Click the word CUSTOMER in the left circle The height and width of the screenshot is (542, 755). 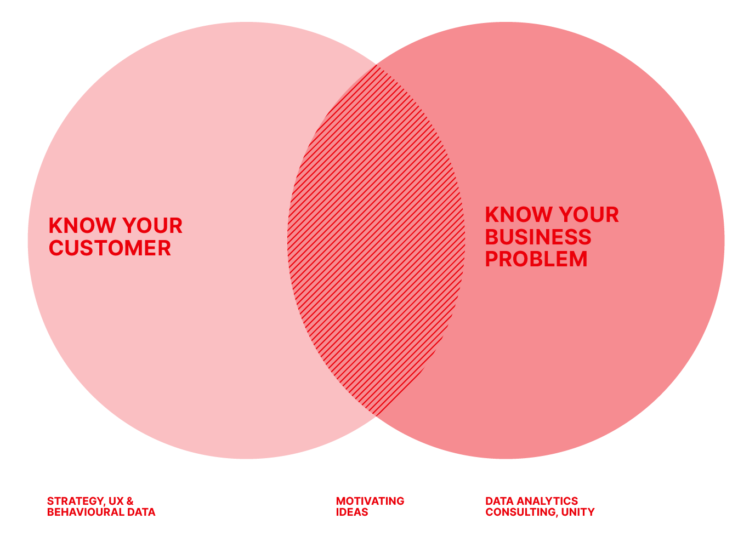pyautogui.click(x=110, y=248)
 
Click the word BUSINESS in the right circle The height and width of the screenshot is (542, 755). pyautogui.click(x=538, y=237)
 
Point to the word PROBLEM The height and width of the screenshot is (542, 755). pyautogui.click(x=536, y=259)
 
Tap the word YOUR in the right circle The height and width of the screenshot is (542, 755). pyautogui.click(x=589, y=214)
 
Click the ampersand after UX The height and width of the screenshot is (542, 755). pyautogui.click(x=130, y=501)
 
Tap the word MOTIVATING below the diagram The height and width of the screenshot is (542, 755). pyautogui.click(x=370, y=501)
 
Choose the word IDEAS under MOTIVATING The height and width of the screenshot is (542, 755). pyautogui.click(x=352, y=512)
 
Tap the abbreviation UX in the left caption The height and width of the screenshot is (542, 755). pyautogui.click(x=116, y=501)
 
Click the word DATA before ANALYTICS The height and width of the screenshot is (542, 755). pyautogui.click(x=499, y=501)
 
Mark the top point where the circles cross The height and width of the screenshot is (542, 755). pyautogui.click(x=376, y=65)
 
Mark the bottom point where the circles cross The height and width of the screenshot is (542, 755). pyautogui.click(x=376, y=417)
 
